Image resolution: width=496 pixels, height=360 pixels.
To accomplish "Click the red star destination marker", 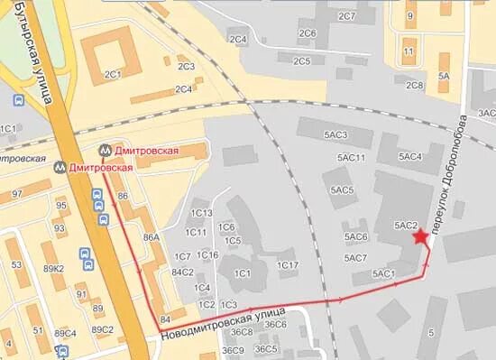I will click(420, 237).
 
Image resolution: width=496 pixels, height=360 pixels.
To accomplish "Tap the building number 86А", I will click(152, 237).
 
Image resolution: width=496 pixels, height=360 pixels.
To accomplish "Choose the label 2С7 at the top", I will click(346, 16).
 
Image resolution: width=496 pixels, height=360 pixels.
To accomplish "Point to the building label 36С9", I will click(234, 350).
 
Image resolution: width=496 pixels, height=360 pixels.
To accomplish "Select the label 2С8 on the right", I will click(415, 85).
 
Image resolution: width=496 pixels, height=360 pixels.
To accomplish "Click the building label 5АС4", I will click(410, 157).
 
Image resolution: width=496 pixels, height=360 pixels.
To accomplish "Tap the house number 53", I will click(16, 264).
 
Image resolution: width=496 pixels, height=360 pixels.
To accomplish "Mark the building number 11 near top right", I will click(409, 51).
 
